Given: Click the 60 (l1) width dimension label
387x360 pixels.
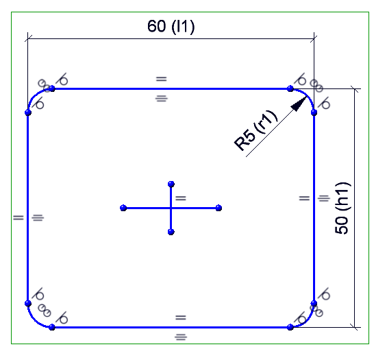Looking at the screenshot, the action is tap(171, 26).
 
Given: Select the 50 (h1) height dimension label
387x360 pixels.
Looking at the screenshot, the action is tap(342, 208).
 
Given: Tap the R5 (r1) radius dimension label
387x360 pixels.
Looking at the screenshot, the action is tap(255, 130).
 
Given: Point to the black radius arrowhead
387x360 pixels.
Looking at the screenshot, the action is tap(299, 104).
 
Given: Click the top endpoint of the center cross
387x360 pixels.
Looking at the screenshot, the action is tap(171, 184).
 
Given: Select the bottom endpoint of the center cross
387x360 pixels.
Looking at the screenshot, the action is tap(171, 232).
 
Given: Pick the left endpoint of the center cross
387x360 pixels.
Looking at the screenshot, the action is tap(123, 208).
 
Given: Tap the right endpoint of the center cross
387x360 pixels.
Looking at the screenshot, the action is tap(219, 208).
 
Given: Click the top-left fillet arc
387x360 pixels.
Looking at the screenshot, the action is tap(35, 95).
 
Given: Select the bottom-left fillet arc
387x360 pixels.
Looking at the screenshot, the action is tap(35, 320).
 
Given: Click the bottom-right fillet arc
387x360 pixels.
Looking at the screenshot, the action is tap(307, 320).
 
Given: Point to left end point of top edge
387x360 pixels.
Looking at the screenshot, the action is tap(52, 88).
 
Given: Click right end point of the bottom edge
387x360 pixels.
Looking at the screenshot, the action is tap(290, 327).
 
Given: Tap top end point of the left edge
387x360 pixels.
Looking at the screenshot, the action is tap(28, 112).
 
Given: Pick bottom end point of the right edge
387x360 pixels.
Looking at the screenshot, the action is tap(314, 303).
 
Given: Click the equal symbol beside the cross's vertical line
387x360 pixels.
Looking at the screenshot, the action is tap(181, 198).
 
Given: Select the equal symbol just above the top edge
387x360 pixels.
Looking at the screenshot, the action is tap(162, 79).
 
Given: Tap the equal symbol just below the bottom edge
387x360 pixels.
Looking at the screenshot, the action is tap(181, 337).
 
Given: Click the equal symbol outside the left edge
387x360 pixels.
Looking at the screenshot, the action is tap(18, 217).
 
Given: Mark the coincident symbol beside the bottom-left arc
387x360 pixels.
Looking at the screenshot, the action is tap(45, 311).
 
